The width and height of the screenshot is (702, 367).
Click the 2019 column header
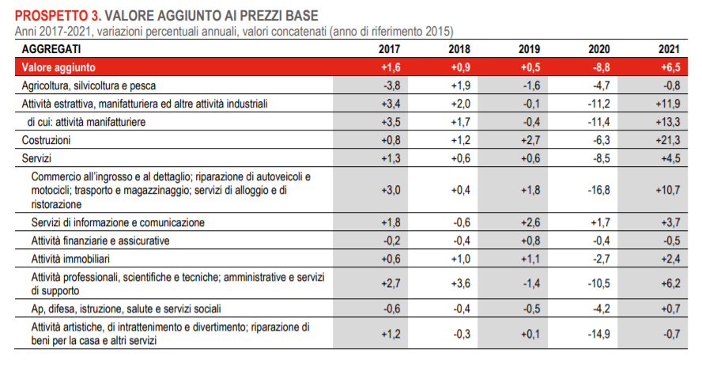coord(529,49)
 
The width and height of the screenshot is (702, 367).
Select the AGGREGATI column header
coord(51,49)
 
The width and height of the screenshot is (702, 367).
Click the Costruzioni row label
coord(46,140)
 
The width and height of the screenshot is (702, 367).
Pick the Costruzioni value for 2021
coord(668,140)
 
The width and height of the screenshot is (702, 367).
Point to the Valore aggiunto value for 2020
coord(600,67)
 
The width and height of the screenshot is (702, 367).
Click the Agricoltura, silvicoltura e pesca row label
coord(89,85)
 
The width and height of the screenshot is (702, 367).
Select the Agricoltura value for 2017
coord(392,85)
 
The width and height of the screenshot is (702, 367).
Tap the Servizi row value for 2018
coord(461,159)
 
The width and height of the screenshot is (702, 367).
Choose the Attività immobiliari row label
coord(70,259)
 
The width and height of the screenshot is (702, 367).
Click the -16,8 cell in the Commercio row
coord(598,190)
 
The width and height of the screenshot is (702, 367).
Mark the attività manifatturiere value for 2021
coord(668,122)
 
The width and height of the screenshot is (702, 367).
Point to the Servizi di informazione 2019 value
coord(530,223)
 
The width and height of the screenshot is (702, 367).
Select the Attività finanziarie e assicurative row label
coord(100,241)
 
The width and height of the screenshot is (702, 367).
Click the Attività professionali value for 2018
coord(461,284)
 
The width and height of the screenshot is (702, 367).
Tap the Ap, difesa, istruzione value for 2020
coord(601,308)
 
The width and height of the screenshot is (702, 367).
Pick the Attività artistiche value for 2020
coord(598,335)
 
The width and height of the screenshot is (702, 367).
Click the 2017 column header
coord(390,49)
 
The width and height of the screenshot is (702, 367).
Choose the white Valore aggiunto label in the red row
coord(58,67)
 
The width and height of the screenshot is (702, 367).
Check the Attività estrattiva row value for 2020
coord(598,104)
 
